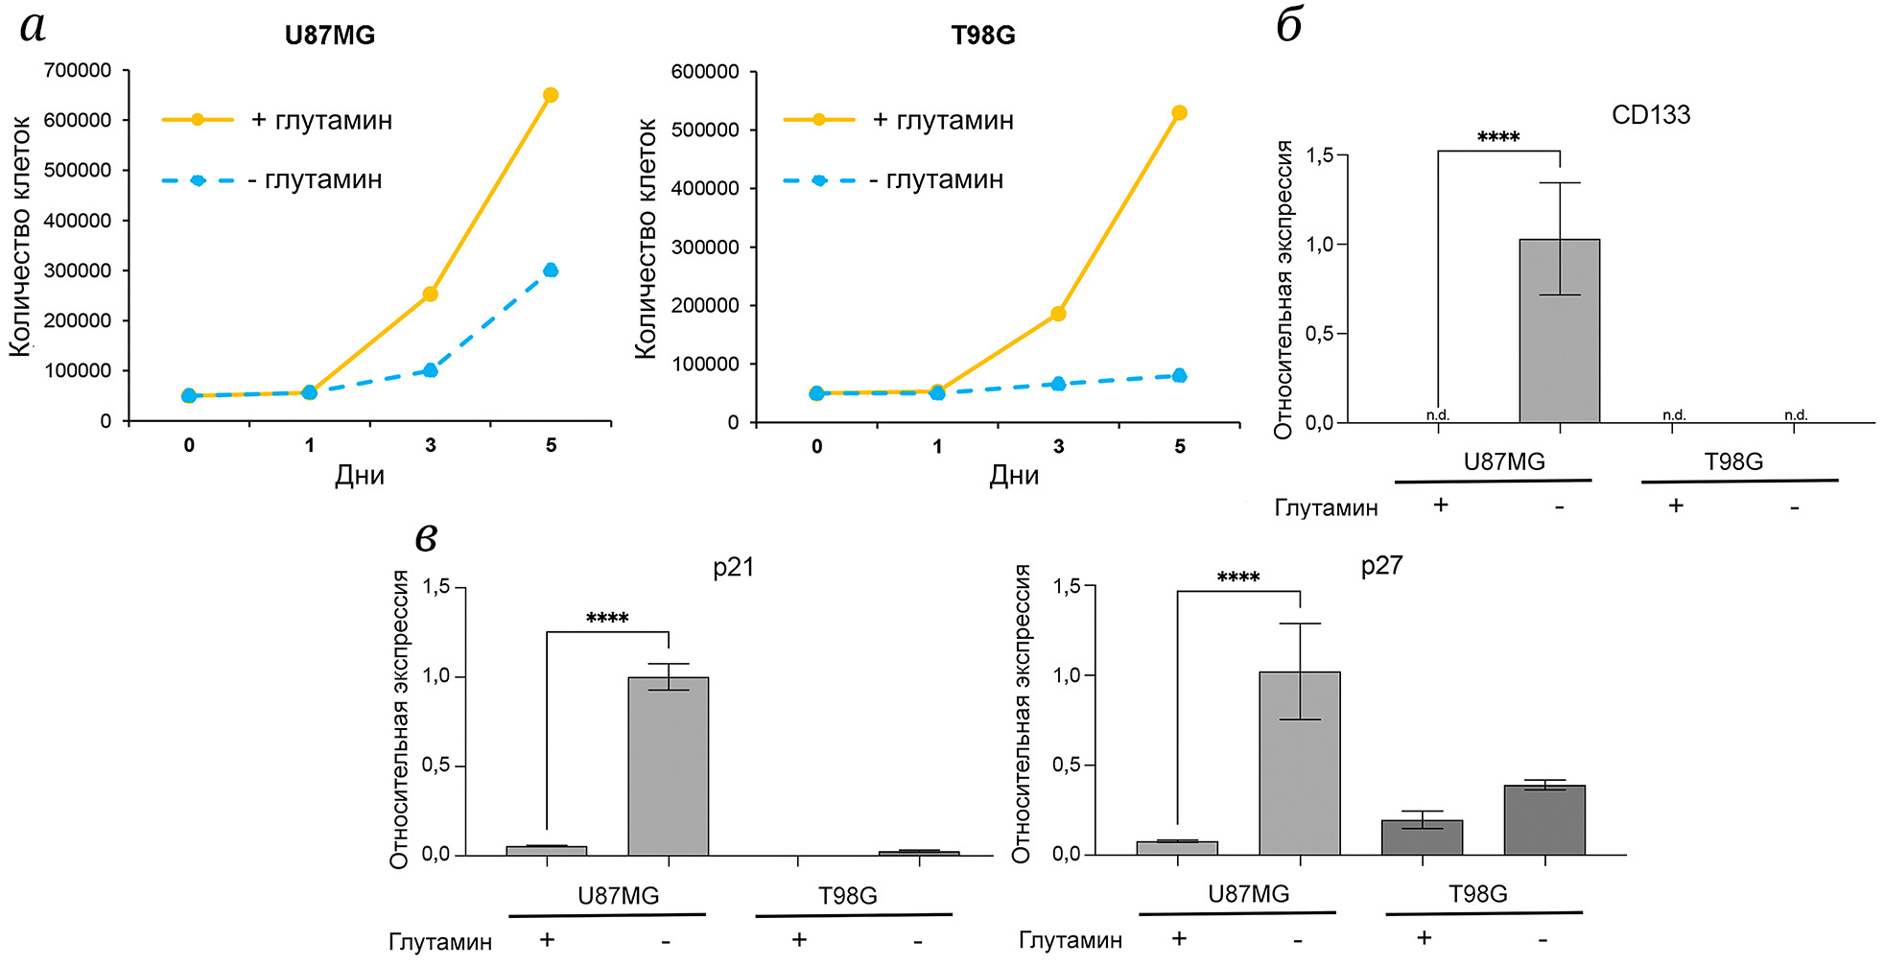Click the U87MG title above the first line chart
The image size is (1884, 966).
pyautogui.click(x=329, y=35)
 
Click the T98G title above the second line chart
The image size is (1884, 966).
pyautogui.click(x=983, y=35)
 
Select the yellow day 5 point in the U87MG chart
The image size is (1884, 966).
pyautogui.click(x=551, y=95)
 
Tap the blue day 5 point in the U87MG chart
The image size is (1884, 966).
pyautogui.click(x=551, y=271)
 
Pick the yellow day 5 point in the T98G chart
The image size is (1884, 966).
pyautogui.click(x=1179, y=113)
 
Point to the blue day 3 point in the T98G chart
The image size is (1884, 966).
pyautogui.click(x=1058, y=384)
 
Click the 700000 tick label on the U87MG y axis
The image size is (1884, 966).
pyautogui.click(x=78, y=70)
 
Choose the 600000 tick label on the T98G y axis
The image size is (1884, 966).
pyautogui.click(x=705, y=72)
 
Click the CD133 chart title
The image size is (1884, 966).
pyautogui.click(x=1651, y=115)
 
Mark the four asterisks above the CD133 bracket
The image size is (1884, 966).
pyautogui.click(x=1498, y=137)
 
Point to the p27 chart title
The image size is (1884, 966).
pyautogui.click(x=1381, y=566)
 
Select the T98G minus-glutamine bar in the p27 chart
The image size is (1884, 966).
pyautogui.click(x=1544, y=820)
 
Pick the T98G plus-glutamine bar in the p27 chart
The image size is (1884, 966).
pyautogui.click(x=1422, y=837)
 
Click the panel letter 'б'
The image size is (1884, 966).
pyautogui.click(x=1289, y=26)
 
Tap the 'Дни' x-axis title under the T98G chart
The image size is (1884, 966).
pyautogui.click(x=1014, y=476)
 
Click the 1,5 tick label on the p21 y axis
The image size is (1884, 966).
pyautogui.click(x=436, y=587)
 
